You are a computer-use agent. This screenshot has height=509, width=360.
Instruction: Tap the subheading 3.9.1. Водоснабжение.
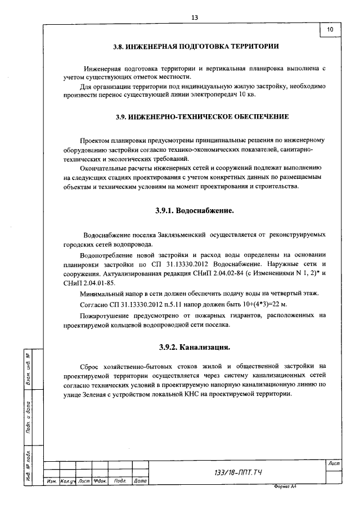tap(194, 211)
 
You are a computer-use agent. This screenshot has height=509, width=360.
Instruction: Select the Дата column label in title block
tap(141, 481)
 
